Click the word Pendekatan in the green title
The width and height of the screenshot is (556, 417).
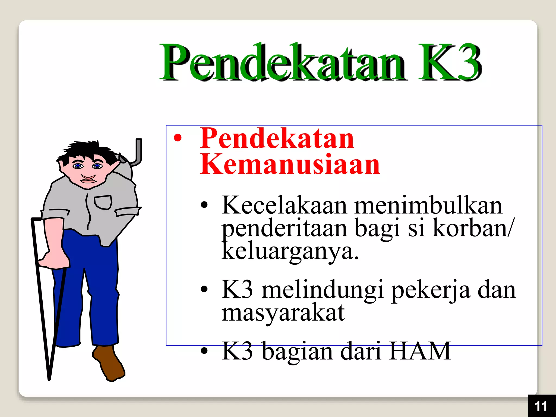coord(282,62)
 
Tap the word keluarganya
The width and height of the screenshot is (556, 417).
coord(290,252)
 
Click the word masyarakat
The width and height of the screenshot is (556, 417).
coord(283,313)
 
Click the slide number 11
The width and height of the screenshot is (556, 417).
coord(541,406)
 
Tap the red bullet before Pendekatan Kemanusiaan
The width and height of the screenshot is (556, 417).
coord(178,138)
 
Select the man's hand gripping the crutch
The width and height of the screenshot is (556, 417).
coord(54,259)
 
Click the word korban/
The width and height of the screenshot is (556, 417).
coord(472,229)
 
